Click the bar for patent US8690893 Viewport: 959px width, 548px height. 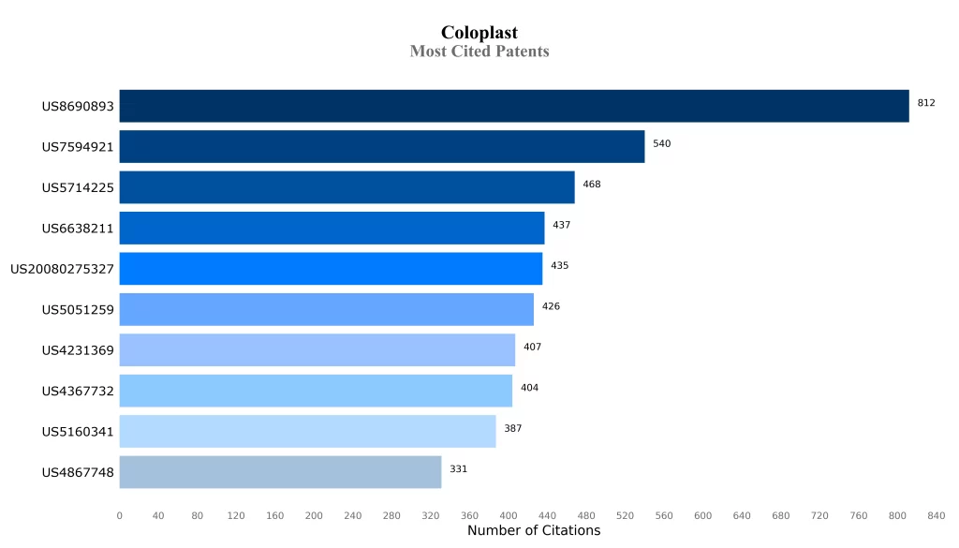(513, 106)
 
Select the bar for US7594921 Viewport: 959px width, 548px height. (381, 147)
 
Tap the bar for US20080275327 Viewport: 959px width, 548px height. (331, 269)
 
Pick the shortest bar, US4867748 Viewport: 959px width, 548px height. (280, 472)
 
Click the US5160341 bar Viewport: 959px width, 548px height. (307, 432)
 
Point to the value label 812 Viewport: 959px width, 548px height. (925, 103)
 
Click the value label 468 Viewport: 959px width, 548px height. (591, 185)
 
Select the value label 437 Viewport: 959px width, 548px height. (561, 225)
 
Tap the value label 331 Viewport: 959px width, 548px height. (458, 469)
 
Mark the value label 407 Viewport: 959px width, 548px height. (532, 348)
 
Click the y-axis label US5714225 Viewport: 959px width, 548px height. (78, 187)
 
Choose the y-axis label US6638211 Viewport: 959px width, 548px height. (78, 229)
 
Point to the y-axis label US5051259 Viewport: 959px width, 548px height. (78, 309)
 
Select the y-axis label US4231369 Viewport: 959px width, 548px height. (78, 350)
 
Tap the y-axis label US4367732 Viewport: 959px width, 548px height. (78, 391)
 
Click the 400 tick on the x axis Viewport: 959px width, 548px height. (509, 515)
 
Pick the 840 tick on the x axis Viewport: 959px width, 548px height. (936, 515)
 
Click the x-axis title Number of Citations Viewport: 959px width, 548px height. (534, 531)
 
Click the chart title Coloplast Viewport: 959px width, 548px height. (479, 34)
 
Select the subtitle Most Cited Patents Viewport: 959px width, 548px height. (479, 52)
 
